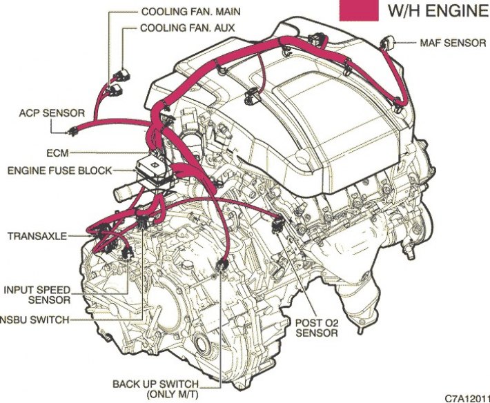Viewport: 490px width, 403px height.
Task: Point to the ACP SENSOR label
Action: click(x=52, y=112)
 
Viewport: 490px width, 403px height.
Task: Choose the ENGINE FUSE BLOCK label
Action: click(x=68, y=169)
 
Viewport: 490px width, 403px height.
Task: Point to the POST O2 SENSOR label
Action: click(x=316, y=327)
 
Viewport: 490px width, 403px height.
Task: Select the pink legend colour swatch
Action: click(x=359, y=9)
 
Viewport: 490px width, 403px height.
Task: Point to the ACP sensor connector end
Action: click(x=72, y=131)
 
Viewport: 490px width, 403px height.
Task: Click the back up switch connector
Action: click(x=221, y=266)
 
